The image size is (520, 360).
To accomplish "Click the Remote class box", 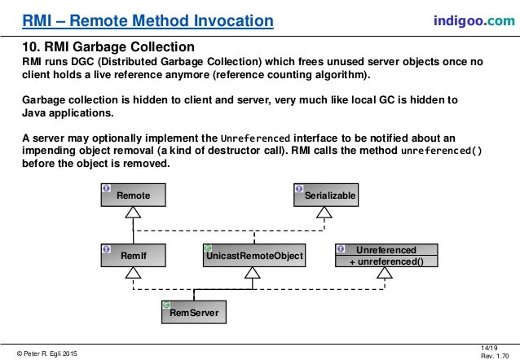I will [133, 195].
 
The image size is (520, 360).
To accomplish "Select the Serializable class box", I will [325, 195].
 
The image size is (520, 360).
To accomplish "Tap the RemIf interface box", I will [133, 256].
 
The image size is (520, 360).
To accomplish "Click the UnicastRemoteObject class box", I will [253, 256].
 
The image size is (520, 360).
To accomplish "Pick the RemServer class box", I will [193, 310].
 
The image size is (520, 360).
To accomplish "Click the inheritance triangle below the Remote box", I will [133, 213].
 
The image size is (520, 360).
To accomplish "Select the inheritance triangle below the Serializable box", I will [325, 213].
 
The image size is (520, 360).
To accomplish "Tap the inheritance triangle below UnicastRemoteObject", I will [253, 274].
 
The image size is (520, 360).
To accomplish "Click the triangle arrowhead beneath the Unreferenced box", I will [380, 274].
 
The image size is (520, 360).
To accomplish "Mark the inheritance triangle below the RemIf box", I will [133, 274].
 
